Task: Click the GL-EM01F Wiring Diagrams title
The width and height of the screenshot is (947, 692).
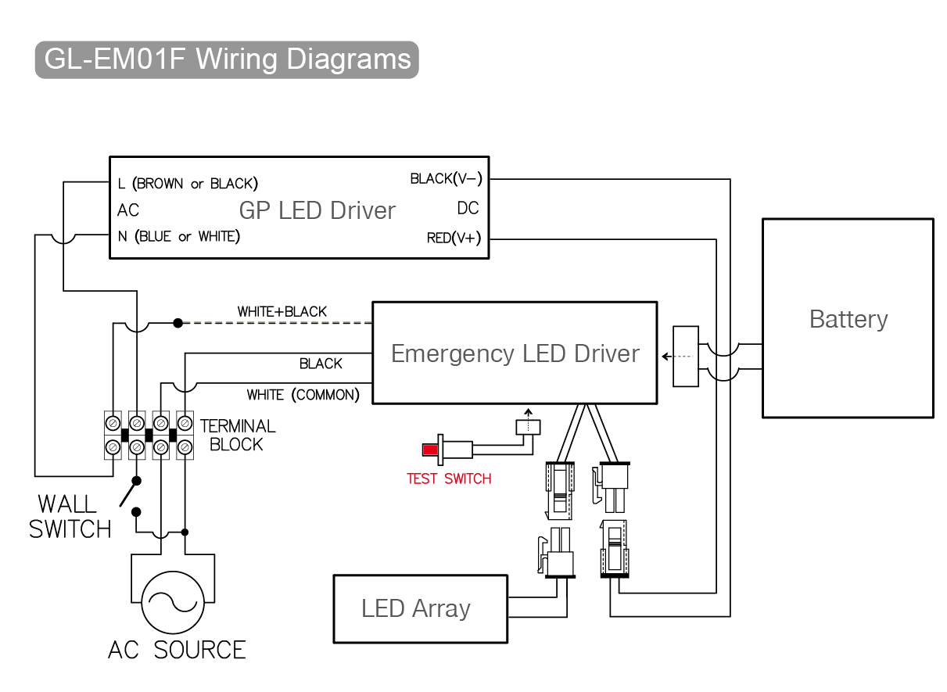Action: [x=227, y=60]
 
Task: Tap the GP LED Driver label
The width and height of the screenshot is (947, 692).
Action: [x=317, y=210]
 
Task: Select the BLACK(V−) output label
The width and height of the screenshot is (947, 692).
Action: [x=446, y=179]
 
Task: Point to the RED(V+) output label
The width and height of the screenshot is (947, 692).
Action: [x=454, y=238]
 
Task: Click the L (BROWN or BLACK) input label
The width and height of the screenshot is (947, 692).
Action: [x=188, y=184]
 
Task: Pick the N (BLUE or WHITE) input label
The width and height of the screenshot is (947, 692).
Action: [x=178, y=236]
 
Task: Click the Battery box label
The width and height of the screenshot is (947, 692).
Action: [x=848, y=319]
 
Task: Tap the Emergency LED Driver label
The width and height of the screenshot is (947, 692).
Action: [x=515, y=353]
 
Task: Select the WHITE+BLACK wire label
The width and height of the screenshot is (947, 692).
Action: [x=282, y=312]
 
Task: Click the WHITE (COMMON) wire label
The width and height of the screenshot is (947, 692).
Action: [x=303, y=395]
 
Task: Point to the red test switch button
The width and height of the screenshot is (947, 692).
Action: [x=430, y=450]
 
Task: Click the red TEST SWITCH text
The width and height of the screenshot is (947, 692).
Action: [x=449, y=479]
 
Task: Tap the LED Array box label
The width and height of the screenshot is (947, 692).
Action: [x=415, y=608]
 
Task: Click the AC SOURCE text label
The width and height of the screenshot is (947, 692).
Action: [x=177, y=650]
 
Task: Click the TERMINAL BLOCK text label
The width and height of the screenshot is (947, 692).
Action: [x=237, y=435]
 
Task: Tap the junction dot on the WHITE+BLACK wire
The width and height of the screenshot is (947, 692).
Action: [x=178, y=322]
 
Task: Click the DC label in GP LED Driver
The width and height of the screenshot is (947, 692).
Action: [x=468, y=209]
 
